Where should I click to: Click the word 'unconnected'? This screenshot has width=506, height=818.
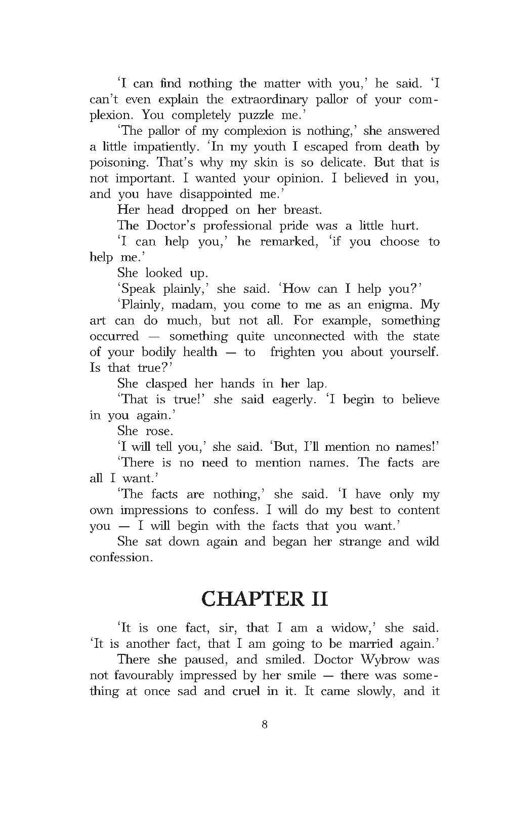pos(309,336)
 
